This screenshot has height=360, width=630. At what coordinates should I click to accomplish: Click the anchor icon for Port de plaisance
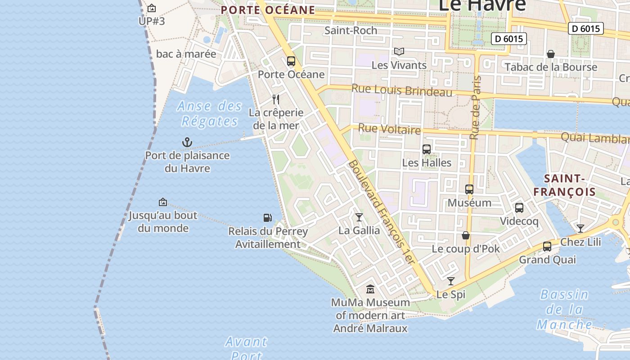pyautogui.click(x=187, y=143)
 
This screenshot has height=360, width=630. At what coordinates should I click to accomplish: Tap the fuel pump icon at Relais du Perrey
pyautogui.click(x=268, y=218)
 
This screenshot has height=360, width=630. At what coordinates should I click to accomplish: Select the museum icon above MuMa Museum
pyautogui.click(x=370, y=289)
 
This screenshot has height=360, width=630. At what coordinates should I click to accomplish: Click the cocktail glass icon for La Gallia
pyautogui.click(x=359, y=217)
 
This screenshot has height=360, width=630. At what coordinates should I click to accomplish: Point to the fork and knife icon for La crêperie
pyautogui.click(x=276, y=99)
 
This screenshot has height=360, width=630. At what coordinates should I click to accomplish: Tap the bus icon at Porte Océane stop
pyautogui.click(x=291, y=61)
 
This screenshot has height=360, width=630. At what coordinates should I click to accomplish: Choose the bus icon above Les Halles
pyautogui.click(x=427, y=149)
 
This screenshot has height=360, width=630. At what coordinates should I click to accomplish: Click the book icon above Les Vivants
pyautogui.click(x=399, y=52)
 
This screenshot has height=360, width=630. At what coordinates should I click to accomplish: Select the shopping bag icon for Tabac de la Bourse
pyautogui.click(x=550, y=54)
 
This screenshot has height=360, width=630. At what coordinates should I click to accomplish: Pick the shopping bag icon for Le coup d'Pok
pyautogui.click(x=466, y=235)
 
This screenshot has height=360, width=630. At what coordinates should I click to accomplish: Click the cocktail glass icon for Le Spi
pyautogui.click(x=451, y=281)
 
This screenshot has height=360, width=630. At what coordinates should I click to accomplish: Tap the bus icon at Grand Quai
pyautogui.click(x=547, y=246)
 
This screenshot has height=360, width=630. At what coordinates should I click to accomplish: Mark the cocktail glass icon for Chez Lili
pyautogui.click(x=580, y=229)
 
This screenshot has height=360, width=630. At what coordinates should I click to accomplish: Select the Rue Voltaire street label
pyautogui.click(x=389, y=130)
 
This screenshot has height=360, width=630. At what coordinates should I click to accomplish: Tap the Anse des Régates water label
pyautogui.click(x=209, y=113)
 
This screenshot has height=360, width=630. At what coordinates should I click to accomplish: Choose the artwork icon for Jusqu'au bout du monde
pyautogui.click(x=163, y=202)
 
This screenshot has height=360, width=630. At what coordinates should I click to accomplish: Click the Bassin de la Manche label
pyautogui.click(x=564, y=310)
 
